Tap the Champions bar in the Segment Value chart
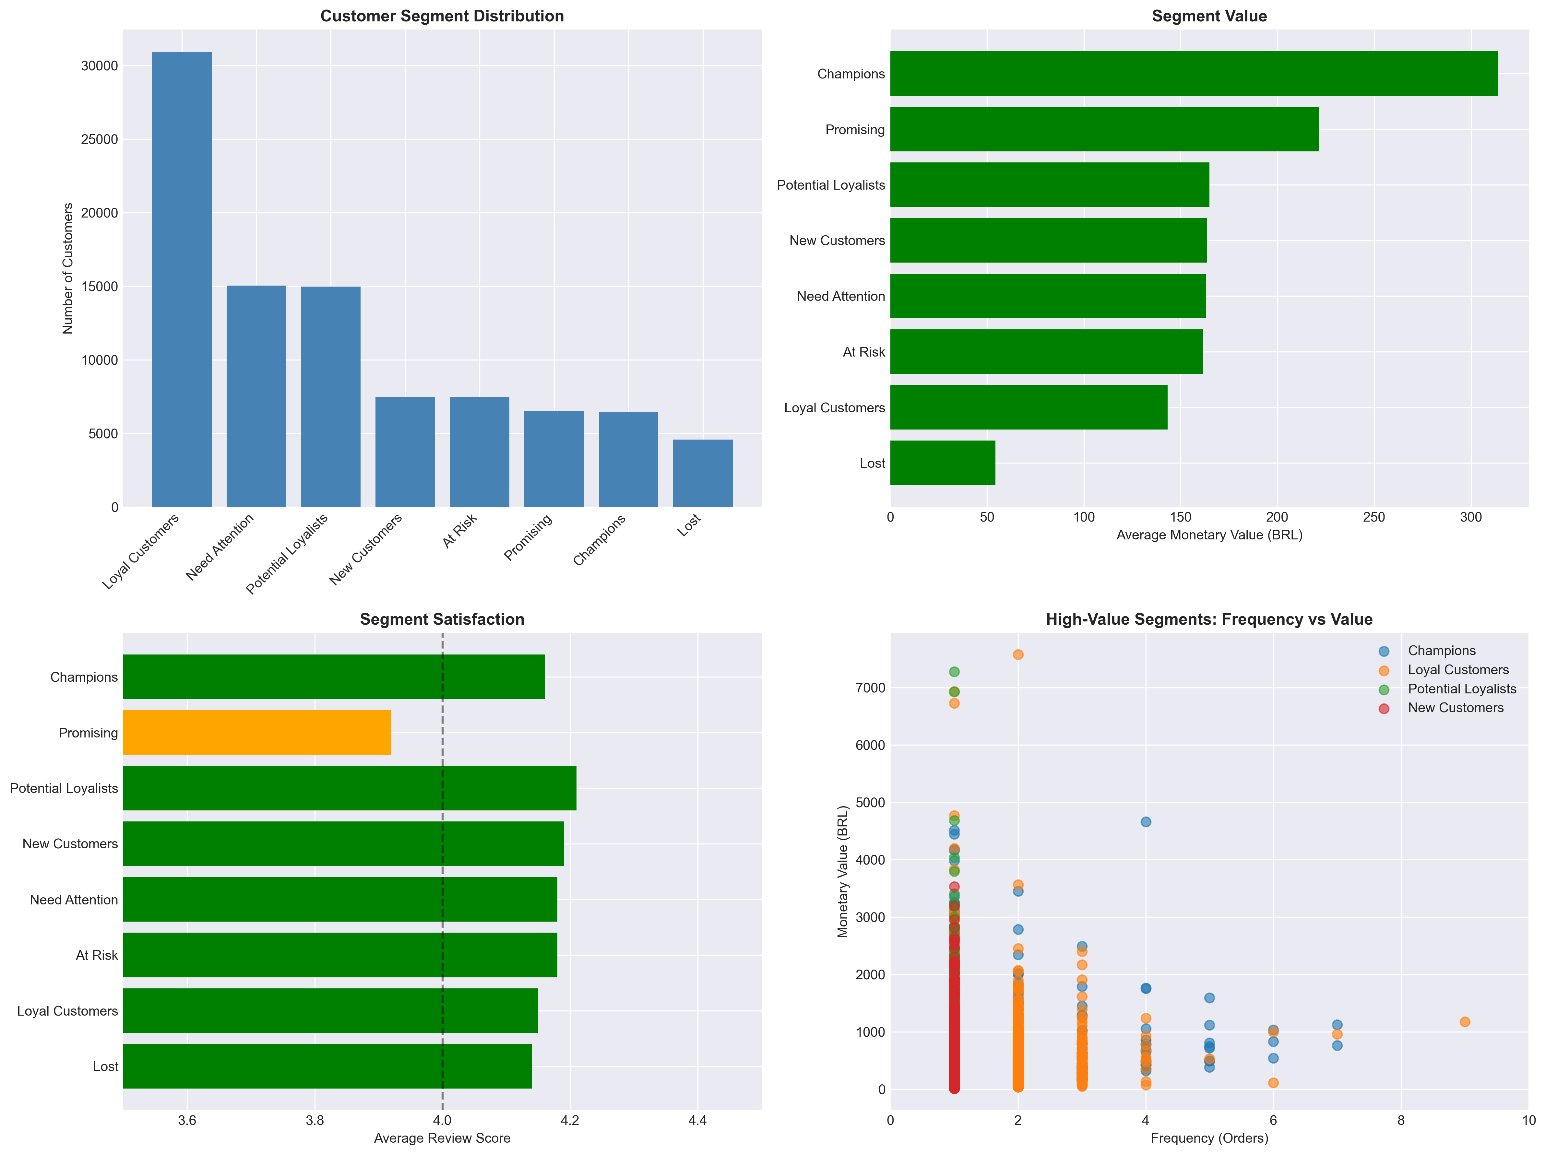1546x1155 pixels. pos(1194,73)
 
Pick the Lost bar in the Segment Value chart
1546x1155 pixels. pos(942,463)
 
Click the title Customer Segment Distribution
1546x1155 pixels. pos(442,16)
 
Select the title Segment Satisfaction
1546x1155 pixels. pos(442,619)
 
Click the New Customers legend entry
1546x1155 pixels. pos(1455,708)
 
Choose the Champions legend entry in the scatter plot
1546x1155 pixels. pos(1441,651)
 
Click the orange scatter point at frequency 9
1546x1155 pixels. pos(1465,1021)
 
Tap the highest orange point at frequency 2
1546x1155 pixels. pos(1017,655)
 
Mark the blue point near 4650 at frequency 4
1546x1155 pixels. pos(1146,822)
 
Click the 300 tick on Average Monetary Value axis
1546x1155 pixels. pos(1470,517)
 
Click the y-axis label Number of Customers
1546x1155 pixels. pos(68,268)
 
